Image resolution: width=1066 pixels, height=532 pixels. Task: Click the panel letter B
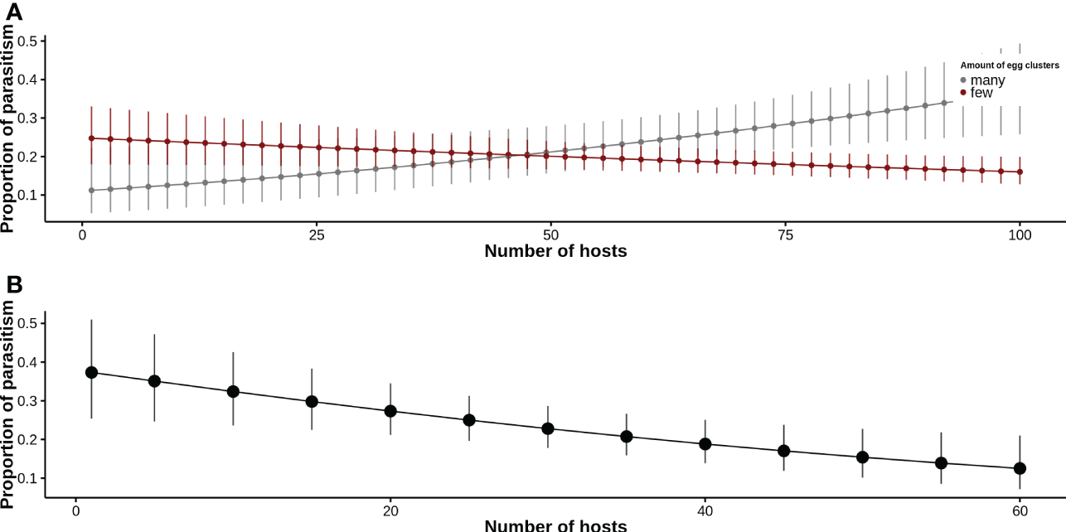point(13,284)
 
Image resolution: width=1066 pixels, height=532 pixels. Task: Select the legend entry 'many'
point(987,80)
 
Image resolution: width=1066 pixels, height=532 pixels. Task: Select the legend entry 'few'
point(981,93)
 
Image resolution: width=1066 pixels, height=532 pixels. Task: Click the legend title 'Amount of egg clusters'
point(1010,65)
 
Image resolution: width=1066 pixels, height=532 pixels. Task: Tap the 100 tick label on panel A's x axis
point(1019,235)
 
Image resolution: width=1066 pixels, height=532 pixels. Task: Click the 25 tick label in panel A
point(317,235)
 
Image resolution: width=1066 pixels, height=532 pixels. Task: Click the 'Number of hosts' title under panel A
point(555,251)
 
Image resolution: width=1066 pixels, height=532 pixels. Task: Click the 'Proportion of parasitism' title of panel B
point(8,404)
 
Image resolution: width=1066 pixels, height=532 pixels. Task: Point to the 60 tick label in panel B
point(1020,511)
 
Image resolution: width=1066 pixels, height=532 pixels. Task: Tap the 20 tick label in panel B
point(390,511)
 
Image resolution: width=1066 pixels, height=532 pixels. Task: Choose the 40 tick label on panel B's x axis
point(705,511)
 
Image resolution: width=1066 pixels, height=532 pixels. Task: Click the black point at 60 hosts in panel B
point(1020,468)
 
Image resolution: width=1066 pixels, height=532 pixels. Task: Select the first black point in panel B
point(92,373)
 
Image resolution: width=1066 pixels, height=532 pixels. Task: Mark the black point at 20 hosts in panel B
point(390,411)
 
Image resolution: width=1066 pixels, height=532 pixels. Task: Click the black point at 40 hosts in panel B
point(705,444)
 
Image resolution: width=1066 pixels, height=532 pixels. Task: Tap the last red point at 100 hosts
point(1020,172)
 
